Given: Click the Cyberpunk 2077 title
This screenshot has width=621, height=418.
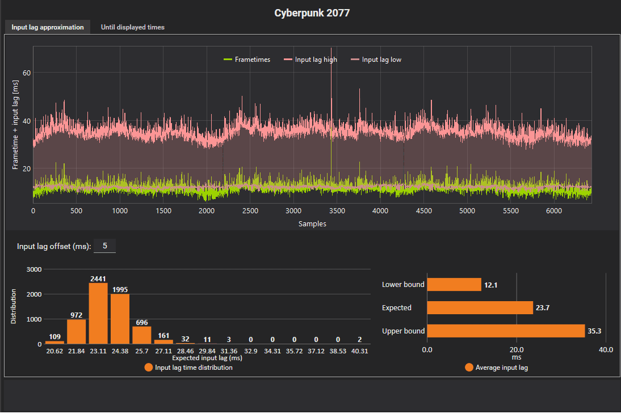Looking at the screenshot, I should click(312, 12).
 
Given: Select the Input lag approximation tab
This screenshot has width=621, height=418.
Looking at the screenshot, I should click(48, 27).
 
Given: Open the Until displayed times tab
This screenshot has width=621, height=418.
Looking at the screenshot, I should click(132, 27).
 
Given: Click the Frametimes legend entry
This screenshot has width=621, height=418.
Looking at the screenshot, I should click(247, 60).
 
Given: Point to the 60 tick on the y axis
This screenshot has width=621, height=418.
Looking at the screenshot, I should click(26, 73).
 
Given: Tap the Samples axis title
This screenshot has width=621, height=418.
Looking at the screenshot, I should click(312, 224).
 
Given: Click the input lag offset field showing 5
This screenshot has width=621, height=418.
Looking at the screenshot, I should click(105, 246).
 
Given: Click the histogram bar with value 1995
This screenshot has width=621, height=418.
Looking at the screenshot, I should click(120, 319).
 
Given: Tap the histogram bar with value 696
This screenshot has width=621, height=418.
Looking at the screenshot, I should click(142, 335).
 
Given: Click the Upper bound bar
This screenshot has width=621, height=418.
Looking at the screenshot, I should click(505, 331).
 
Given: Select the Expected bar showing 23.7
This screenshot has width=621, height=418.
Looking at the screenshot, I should click(480, 307).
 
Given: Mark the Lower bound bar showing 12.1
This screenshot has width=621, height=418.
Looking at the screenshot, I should click(454, 284).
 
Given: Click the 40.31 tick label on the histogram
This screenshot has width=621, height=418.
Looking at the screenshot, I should click(359, 352).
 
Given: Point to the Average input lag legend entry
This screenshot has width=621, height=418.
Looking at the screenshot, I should click(496, 368).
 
